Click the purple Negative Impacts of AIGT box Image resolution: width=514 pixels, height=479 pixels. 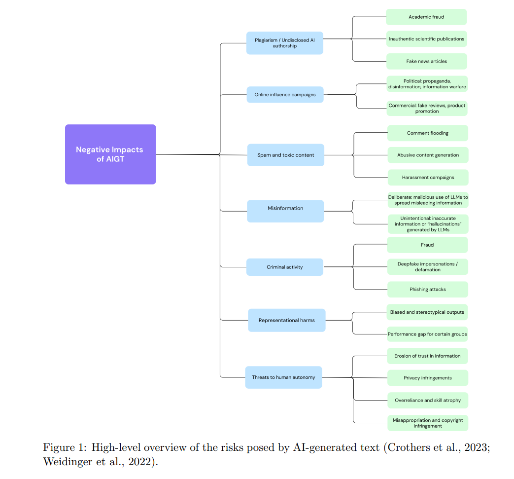click(110, 154)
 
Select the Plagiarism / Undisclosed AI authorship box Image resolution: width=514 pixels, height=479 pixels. click(285, 43)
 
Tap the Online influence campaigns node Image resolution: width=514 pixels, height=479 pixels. click(285, 95)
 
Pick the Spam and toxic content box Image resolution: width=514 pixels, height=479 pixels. click(286, 155)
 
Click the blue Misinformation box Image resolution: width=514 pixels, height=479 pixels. click(285, 211)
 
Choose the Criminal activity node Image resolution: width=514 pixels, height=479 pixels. click(285, 267)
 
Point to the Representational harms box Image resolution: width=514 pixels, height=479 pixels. click(287, 320)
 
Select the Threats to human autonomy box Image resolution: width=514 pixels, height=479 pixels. click(283, 377)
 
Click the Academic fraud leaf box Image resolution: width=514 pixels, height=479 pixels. click(426, 17)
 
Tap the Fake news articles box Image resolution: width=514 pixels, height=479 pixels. click(427, 61)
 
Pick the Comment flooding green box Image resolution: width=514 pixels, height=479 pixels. click(428, 133)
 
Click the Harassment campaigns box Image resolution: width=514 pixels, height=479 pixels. click(428, 178)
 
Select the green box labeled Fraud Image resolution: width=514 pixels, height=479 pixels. click(427, 245)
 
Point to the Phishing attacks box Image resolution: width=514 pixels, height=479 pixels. click(428, 290)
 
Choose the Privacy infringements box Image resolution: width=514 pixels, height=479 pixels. click(428, 378)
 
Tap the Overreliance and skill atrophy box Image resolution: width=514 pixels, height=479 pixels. click(428, 400)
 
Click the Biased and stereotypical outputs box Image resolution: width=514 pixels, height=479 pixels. click(427, 312)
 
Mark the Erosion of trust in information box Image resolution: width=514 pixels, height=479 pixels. click(427, 356)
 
